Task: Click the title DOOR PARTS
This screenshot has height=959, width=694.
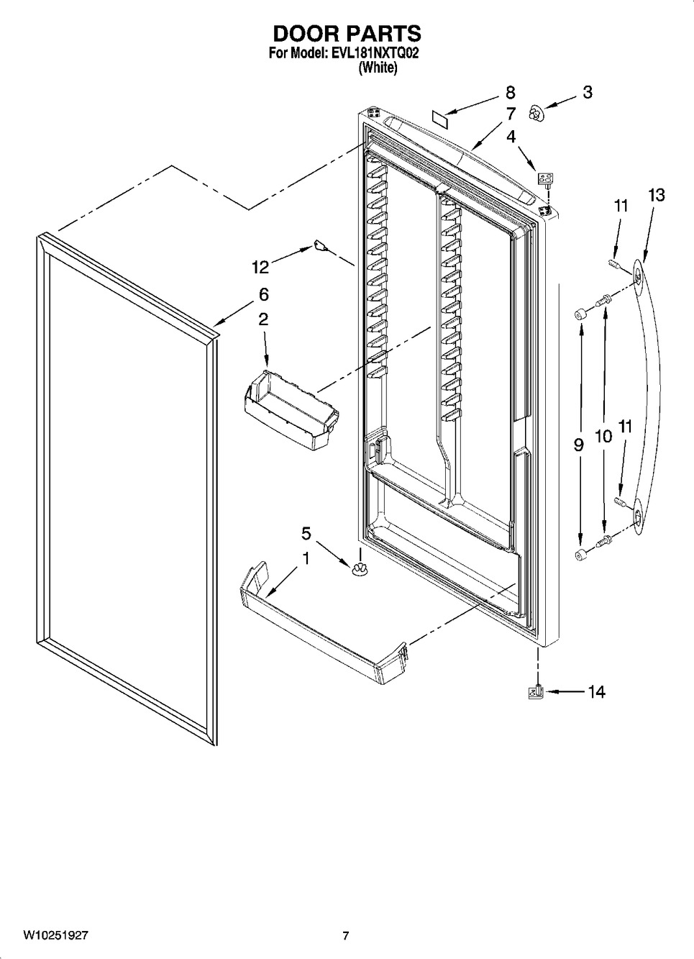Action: (347, 33)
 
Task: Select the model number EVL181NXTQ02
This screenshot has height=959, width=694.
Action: (373, 53)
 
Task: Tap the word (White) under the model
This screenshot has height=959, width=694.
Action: (378, 67)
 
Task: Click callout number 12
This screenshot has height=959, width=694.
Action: (260, 267)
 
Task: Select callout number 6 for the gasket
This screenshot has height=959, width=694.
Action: (263, 294)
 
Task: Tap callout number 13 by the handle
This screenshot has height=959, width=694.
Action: (656, 195)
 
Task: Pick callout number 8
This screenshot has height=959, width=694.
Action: (510, 93)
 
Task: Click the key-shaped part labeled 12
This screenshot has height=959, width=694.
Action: (321, 245)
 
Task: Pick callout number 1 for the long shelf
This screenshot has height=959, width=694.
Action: (306, 558)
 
